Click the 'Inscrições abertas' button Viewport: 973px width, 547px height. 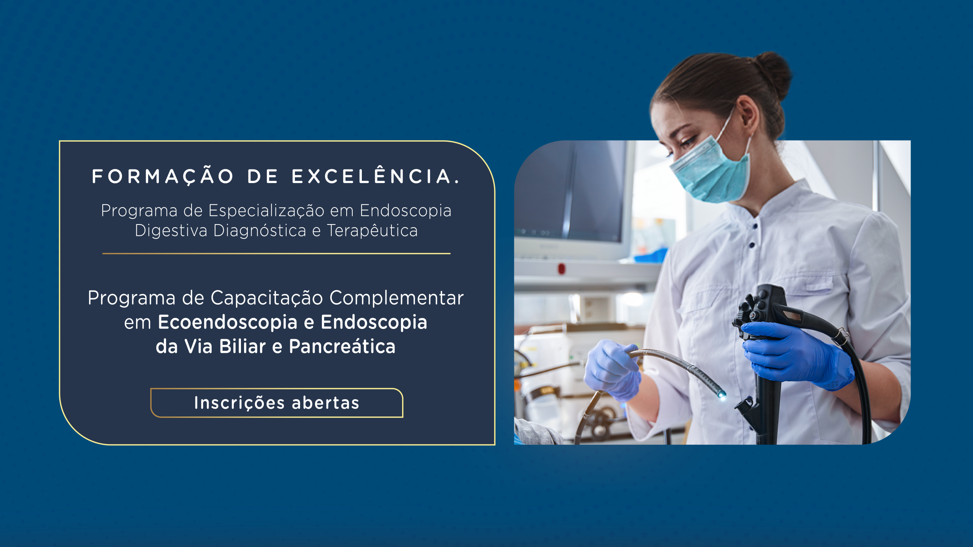click(277, 403)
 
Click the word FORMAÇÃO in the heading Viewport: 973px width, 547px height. click(163, 177)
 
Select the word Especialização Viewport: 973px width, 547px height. click(266, 211)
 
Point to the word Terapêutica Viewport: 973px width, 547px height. click(372, 231)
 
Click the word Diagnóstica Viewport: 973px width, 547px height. click(260, 231)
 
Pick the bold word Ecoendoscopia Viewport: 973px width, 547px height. click(228, 323)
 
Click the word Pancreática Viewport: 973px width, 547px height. click(342, 346)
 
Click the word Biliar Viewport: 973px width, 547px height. click(242, 346)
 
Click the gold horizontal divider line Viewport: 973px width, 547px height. click(276, 253)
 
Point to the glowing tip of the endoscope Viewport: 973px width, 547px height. click(721, 395)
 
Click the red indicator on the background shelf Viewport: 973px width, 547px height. click(561, 269)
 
